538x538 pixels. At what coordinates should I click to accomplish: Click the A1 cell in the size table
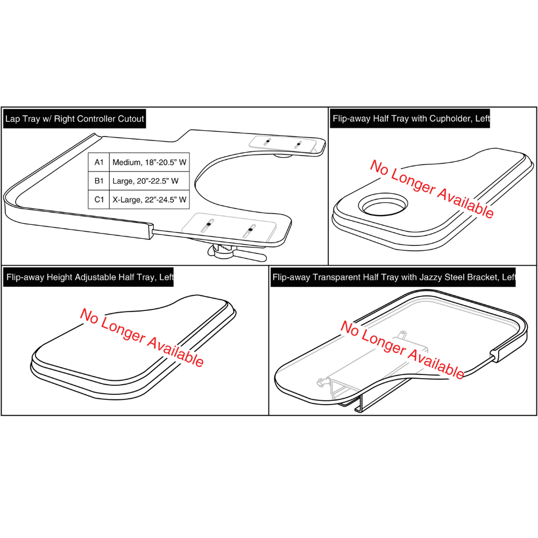[98, 162]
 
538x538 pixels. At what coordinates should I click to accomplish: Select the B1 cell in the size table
[98, 181]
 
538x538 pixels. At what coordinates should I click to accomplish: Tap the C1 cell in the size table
[98, 200]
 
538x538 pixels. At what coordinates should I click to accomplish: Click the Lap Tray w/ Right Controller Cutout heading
[74, 119]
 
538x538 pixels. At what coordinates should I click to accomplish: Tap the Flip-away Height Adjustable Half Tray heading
[89, 278]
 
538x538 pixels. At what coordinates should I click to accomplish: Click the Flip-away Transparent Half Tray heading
[393, 278]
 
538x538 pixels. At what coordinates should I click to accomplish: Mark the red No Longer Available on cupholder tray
[431, 189]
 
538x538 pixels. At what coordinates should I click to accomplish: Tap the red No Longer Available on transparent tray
[402, 350]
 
